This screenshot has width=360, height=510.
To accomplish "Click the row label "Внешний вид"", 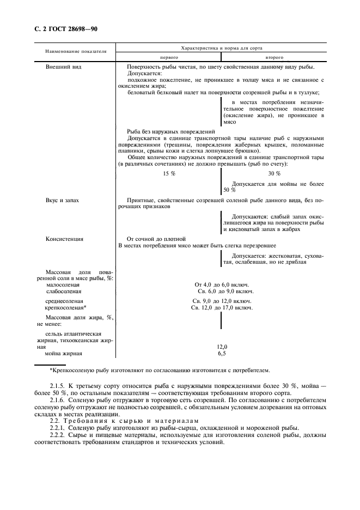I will (62, 66).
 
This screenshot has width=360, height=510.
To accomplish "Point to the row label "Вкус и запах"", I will (62, 201).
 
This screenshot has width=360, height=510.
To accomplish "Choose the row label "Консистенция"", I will (64, 239).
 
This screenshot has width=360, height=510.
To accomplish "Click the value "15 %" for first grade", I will (169, 173).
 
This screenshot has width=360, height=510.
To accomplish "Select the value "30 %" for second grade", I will (274, 173).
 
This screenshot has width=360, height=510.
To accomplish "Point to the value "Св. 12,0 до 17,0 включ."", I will (222, 308).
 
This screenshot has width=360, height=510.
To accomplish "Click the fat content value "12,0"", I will (222, 347).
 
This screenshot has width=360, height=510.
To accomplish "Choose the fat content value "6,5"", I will (222, 354).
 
